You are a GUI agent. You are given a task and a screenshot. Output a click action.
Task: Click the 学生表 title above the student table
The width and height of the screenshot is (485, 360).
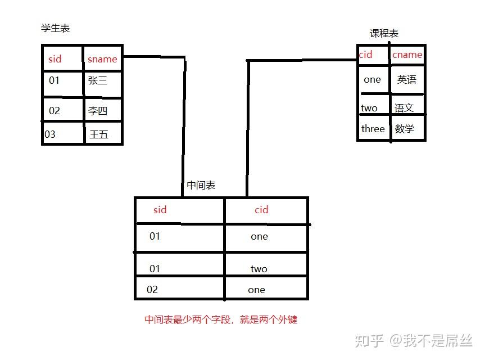click(x=56, y=28)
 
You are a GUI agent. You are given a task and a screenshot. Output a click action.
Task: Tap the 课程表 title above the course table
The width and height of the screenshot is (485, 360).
click(x=384, y=33)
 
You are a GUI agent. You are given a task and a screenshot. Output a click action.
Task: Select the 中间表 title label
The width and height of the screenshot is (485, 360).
click(x=201, y=184)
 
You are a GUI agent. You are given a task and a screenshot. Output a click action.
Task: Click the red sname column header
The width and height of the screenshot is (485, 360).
click(x=102, y=59)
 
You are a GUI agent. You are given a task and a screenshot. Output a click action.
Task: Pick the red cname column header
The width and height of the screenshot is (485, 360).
click(x=407, y=55)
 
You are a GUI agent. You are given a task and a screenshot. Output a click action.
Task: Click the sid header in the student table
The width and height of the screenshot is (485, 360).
click(x=55, y=59)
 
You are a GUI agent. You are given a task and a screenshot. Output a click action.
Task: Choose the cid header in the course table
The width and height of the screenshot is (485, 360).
click(x=365, y=55)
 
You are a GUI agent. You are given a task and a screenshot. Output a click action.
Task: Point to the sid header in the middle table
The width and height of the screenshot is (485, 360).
click(x=160, y=210)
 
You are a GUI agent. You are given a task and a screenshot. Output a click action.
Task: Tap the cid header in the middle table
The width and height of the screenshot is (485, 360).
click(x=261, y=210)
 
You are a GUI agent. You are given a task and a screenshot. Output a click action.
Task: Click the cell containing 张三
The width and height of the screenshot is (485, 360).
click(x=97, y=80)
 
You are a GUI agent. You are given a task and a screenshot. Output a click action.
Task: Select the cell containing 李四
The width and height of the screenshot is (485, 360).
click(x=97, y=111)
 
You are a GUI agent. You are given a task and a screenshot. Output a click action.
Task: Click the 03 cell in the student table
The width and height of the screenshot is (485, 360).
click(x=50, y=134)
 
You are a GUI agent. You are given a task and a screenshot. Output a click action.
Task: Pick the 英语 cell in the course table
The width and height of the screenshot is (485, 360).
click(x=406, y=79)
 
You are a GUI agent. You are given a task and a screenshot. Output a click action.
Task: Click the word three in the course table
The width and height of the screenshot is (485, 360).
click(x=373, y=129)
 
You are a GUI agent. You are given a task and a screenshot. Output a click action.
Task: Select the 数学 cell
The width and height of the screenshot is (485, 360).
click(x=404, y=129)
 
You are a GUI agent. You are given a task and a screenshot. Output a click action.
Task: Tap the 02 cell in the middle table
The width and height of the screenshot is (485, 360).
click(x=152, y=290)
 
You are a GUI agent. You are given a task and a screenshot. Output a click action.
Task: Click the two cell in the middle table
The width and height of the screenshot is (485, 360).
click(x=259, y=269)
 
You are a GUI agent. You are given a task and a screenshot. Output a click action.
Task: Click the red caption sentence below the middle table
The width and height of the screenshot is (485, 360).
click(x=221, y=319)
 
